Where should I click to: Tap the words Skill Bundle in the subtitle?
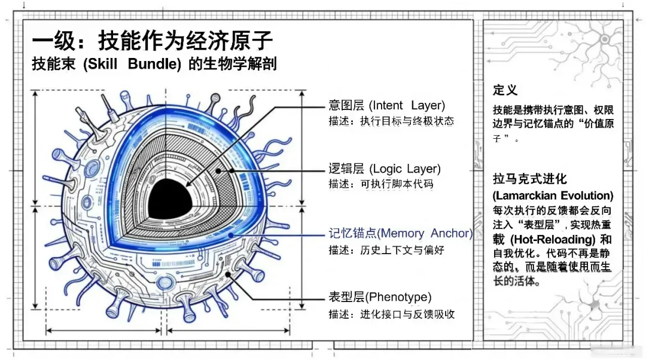[x=136, y=64]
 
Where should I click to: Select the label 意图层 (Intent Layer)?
[x=386, y=106]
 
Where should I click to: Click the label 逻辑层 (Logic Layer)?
[x=384, y=169]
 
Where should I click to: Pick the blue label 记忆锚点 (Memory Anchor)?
[x=400, y=233]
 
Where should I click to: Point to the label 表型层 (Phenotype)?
[x=380, y=297]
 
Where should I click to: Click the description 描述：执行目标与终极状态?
[x=391, y=121]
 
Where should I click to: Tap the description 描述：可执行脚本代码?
[x=380, y=184]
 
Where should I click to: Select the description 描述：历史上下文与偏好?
[x=386, y=249]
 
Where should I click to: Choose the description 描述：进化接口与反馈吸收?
[x=391, y=313]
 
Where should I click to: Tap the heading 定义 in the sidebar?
[x=505, y=90]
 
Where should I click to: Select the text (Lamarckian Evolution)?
[x=553, y=196]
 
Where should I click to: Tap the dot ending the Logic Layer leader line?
[x=219, y=170]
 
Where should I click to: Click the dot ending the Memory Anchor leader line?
[x=231, y=236]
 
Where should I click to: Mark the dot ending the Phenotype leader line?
[x=228, y=274]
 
